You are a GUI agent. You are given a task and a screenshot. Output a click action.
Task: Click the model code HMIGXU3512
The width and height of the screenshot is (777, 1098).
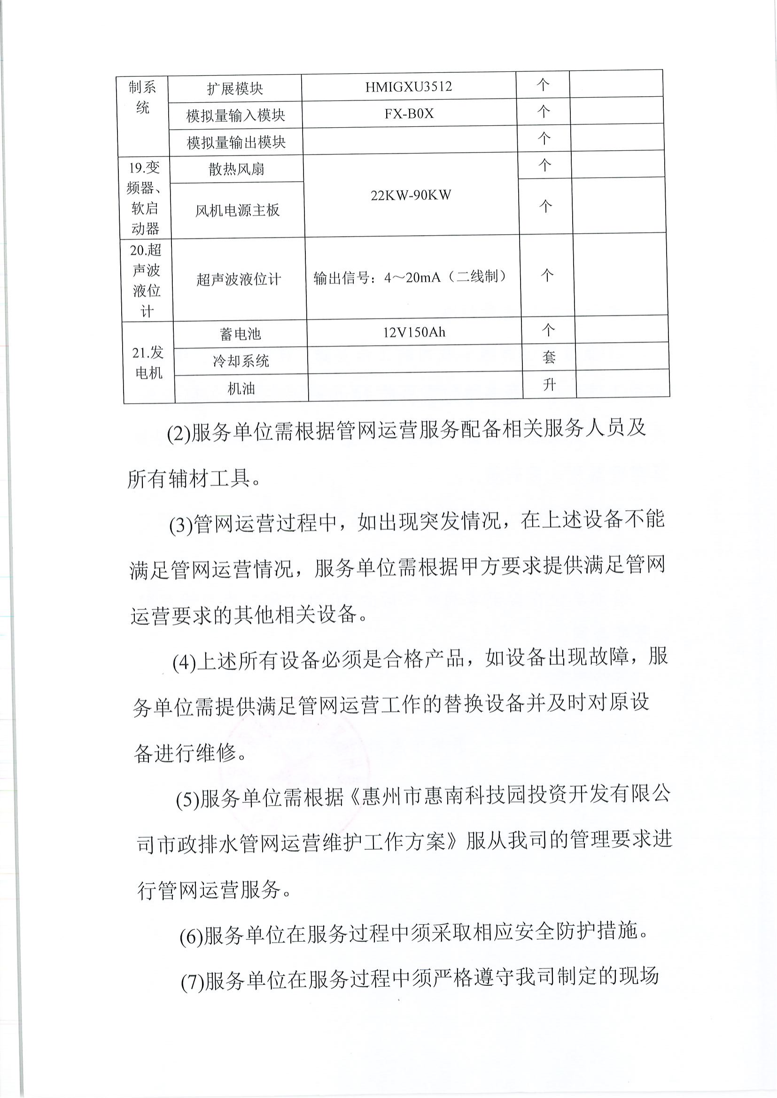408,87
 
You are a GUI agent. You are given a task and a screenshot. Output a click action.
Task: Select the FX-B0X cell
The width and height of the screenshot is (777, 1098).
409,114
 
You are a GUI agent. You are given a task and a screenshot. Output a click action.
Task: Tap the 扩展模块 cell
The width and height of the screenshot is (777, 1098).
235,88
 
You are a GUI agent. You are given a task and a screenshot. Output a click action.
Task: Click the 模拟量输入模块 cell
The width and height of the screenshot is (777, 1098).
235,115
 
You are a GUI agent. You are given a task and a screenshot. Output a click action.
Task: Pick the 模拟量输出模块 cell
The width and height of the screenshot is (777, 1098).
236,142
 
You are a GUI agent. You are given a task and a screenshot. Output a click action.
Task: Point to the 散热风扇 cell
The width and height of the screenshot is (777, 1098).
236,169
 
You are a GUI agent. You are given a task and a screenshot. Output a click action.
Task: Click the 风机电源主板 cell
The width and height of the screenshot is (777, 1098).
237,210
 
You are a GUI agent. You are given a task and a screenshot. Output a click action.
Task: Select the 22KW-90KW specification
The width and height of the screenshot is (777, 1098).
411,195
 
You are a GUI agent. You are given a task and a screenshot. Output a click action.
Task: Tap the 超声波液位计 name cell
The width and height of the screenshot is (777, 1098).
238,279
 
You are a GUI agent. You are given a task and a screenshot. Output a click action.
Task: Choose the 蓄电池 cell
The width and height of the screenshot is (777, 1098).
240,333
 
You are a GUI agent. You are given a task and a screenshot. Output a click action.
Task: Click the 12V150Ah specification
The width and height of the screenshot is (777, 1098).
414,332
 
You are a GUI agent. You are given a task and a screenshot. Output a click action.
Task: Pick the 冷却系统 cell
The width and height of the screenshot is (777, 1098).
241,361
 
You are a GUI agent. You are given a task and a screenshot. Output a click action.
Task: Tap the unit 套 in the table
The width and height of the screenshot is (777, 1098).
549,357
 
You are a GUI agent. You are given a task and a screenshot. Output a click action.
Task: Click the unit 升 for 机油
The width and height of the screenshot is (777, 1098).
549,384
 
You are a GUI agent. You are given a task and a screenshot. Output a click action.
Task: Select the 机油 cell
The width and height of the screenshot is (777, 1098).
241,388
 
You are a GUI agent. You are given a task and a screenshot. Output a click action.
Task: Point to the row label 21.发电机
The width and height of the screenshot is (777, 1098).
148,362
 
